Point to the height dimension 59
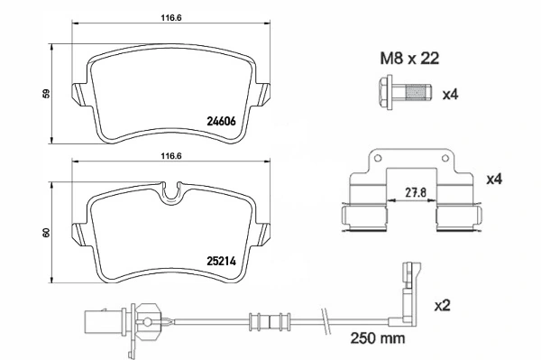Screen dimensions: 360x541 [45, 92]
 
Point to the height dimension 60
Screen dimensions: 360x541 [45, 234]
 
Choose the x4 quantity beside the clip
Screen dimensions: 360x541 [493, 180]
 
